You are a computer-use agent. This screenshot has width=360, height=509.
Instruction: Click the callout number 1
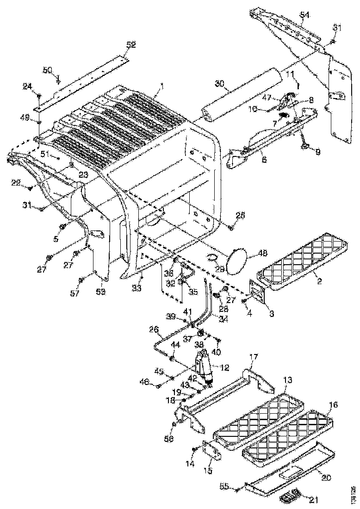pyautogui.click(x=162, y=86)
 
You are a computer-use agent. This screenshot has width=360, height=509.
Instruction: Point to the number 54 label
pyautogui.click(x=304, y=15)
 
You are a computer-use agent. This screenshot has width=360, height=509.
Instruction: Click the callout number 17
pyautogui.click(x=254, y=357)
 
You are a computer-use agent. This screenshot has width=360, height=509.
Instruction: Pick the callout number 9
pyautogui.click(x=304, y=151)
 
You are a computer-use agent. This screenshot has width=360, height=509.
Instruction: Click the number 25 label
pyautogui.click(x=240, y=215)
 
